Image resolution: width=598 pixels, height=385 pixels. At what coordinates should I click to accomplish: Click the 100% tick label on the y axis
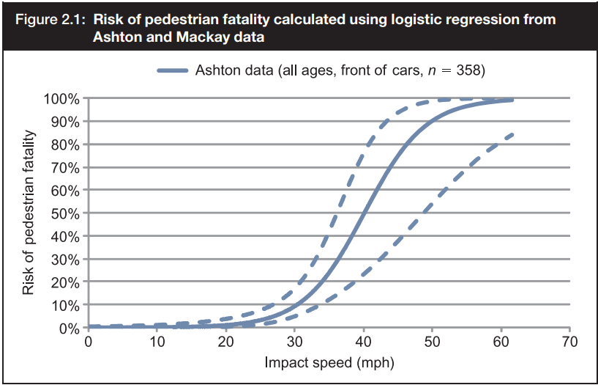point(62,99)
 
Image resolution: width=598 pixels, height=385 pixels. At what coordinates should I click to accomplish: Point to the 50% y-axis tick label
point(66,213)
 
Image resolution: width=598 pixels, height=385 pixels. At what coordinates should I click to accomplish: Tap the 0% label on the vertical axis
point(70,329)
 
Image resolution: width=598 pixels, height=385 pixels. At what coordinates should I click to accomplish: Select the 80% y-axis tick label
point(66,144)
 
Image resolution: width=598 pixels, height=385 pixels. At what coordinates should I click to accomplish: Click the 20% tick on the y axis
point(66,282)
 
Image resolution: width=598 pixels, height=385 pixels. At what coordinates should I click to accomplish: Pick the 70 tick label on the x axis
point(570,342)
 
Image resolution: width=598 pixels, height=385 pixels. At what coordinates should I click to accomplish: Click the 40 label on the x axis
point(364,342)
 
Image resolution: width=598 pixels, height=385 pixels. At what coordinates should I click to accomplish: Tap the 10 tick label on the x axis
point(157,342)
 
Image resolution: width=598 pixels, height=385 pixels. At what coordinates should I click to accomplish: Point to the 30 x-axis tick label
point(295,342)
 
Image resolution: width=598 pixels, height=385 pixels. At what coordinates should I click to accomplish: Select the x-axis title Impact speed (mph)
point(329,362)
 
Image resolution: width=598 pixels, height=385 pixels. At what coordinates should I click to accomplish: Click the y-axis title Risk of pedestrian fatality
point(29,213)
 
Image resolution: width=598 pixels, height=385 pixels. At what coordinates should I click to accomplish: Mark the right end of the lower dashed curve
point(512,134)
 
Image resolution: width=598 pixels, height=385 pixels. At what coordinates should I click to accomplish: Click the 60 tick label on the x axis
point(501,342)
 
